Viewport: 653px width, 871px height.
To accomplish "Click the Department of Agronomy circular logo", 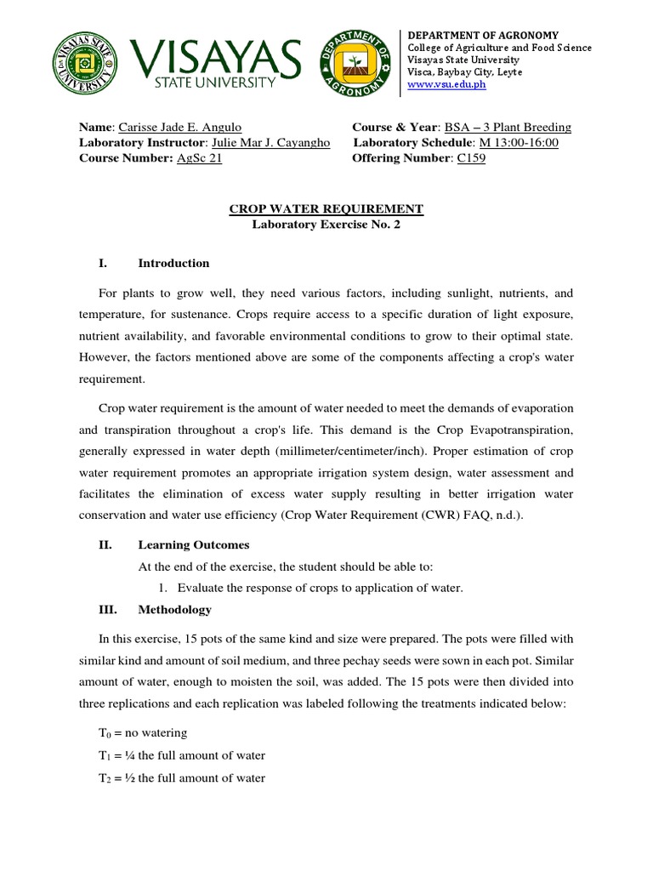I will pyautogui.click(x=356, y=65).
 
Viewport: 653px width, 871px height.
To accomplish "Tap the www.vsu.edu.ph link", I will pyautogui.click(x=447, y=85).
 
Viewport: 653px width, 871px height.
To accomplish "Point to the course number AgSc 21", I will pyautogui.click(x=199, y=158).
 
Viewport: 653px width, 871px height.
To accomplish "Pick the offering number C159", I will pyautogui.click(x=471, y=158).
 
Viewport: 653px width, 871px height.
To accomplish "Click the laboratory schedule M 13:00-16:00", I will pyautogui.click(x=519, y=143).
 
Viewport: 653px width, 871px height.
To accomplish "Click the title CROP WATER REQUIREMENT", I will pyautogui.click(x=326, y=209).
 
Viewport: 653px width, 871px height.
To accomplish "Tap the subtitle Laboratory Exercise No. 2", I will pyautogui.click(x=326, y=225).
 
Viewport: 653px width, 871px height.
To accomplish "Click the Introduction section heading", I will pyautogui.click(x=173, y=263).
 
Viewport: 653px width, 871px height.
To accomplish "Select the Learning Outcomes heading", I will pyautogui.click(x=194, y=545).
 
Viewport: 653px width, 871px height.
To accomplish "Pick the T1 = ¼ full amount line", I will pyautogui.click(x=181, y=755).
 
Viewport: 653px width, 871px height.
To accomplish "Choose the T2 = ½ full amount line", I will pyautogui.click(x=181, y=778).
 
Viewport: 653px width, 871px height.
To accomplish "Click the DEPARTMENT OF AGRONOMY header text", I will pyautogui.click(x=483, y=34).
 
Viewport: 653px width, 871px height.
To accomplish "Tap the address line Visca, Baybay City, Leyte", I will pyautogui.click(x=465, y=72).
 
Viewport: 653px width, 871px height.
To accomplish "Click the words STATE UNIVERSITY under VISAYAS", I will pyautogui.click(x=214, y=83).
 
